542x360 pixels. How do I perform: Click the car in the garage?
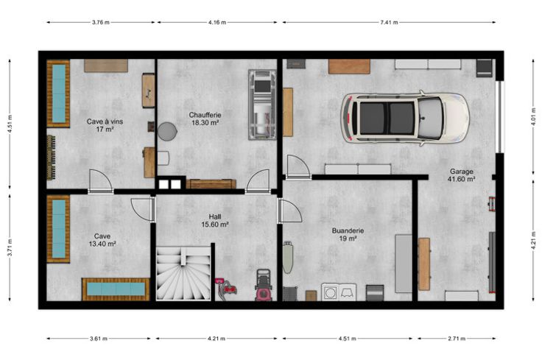coord(405,118)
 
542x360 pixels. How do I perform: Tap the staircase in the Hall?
coord(183,273)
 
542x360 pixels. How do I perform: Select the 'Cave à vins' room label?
coord(105,121)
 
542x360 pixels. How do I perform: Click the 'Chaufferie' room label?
coord(205,115)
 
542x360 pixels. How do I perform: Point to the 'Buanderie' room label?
coord(348,230)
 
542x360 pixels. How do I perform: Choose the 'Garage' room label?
coord(462,172)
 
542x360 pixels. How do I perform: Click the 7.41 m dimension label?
coord(389,23)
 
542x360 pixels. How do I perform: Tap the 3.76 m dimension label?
coord(101,23)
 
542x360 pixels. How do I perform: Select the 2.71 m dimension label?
coord(457,339)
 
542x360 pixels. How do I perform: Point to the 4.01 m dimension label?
coord(534,117)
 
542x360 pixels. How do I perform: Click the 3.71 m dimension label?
coord(10,247)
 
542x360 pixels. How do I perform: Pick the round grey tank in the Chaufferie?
coord(168,131)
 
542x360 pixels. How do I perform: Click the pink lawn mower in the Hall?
coord(264,285)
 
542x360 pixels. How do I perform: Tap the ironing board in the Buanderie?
coord(287,258)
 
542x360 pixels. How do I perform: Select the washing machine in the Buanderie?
coord(331,292)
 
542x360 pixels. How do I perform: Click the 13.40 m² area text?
coord(102,244)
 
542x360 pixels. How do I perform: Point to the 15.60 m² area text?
coord(215,225)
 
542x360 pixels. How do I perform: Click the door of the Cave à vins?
coord(101,181)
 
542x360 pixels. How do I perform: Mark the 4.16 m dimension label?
coord(217,23)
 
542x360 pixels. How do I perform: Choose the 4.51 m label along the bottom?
coord(347,339)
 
